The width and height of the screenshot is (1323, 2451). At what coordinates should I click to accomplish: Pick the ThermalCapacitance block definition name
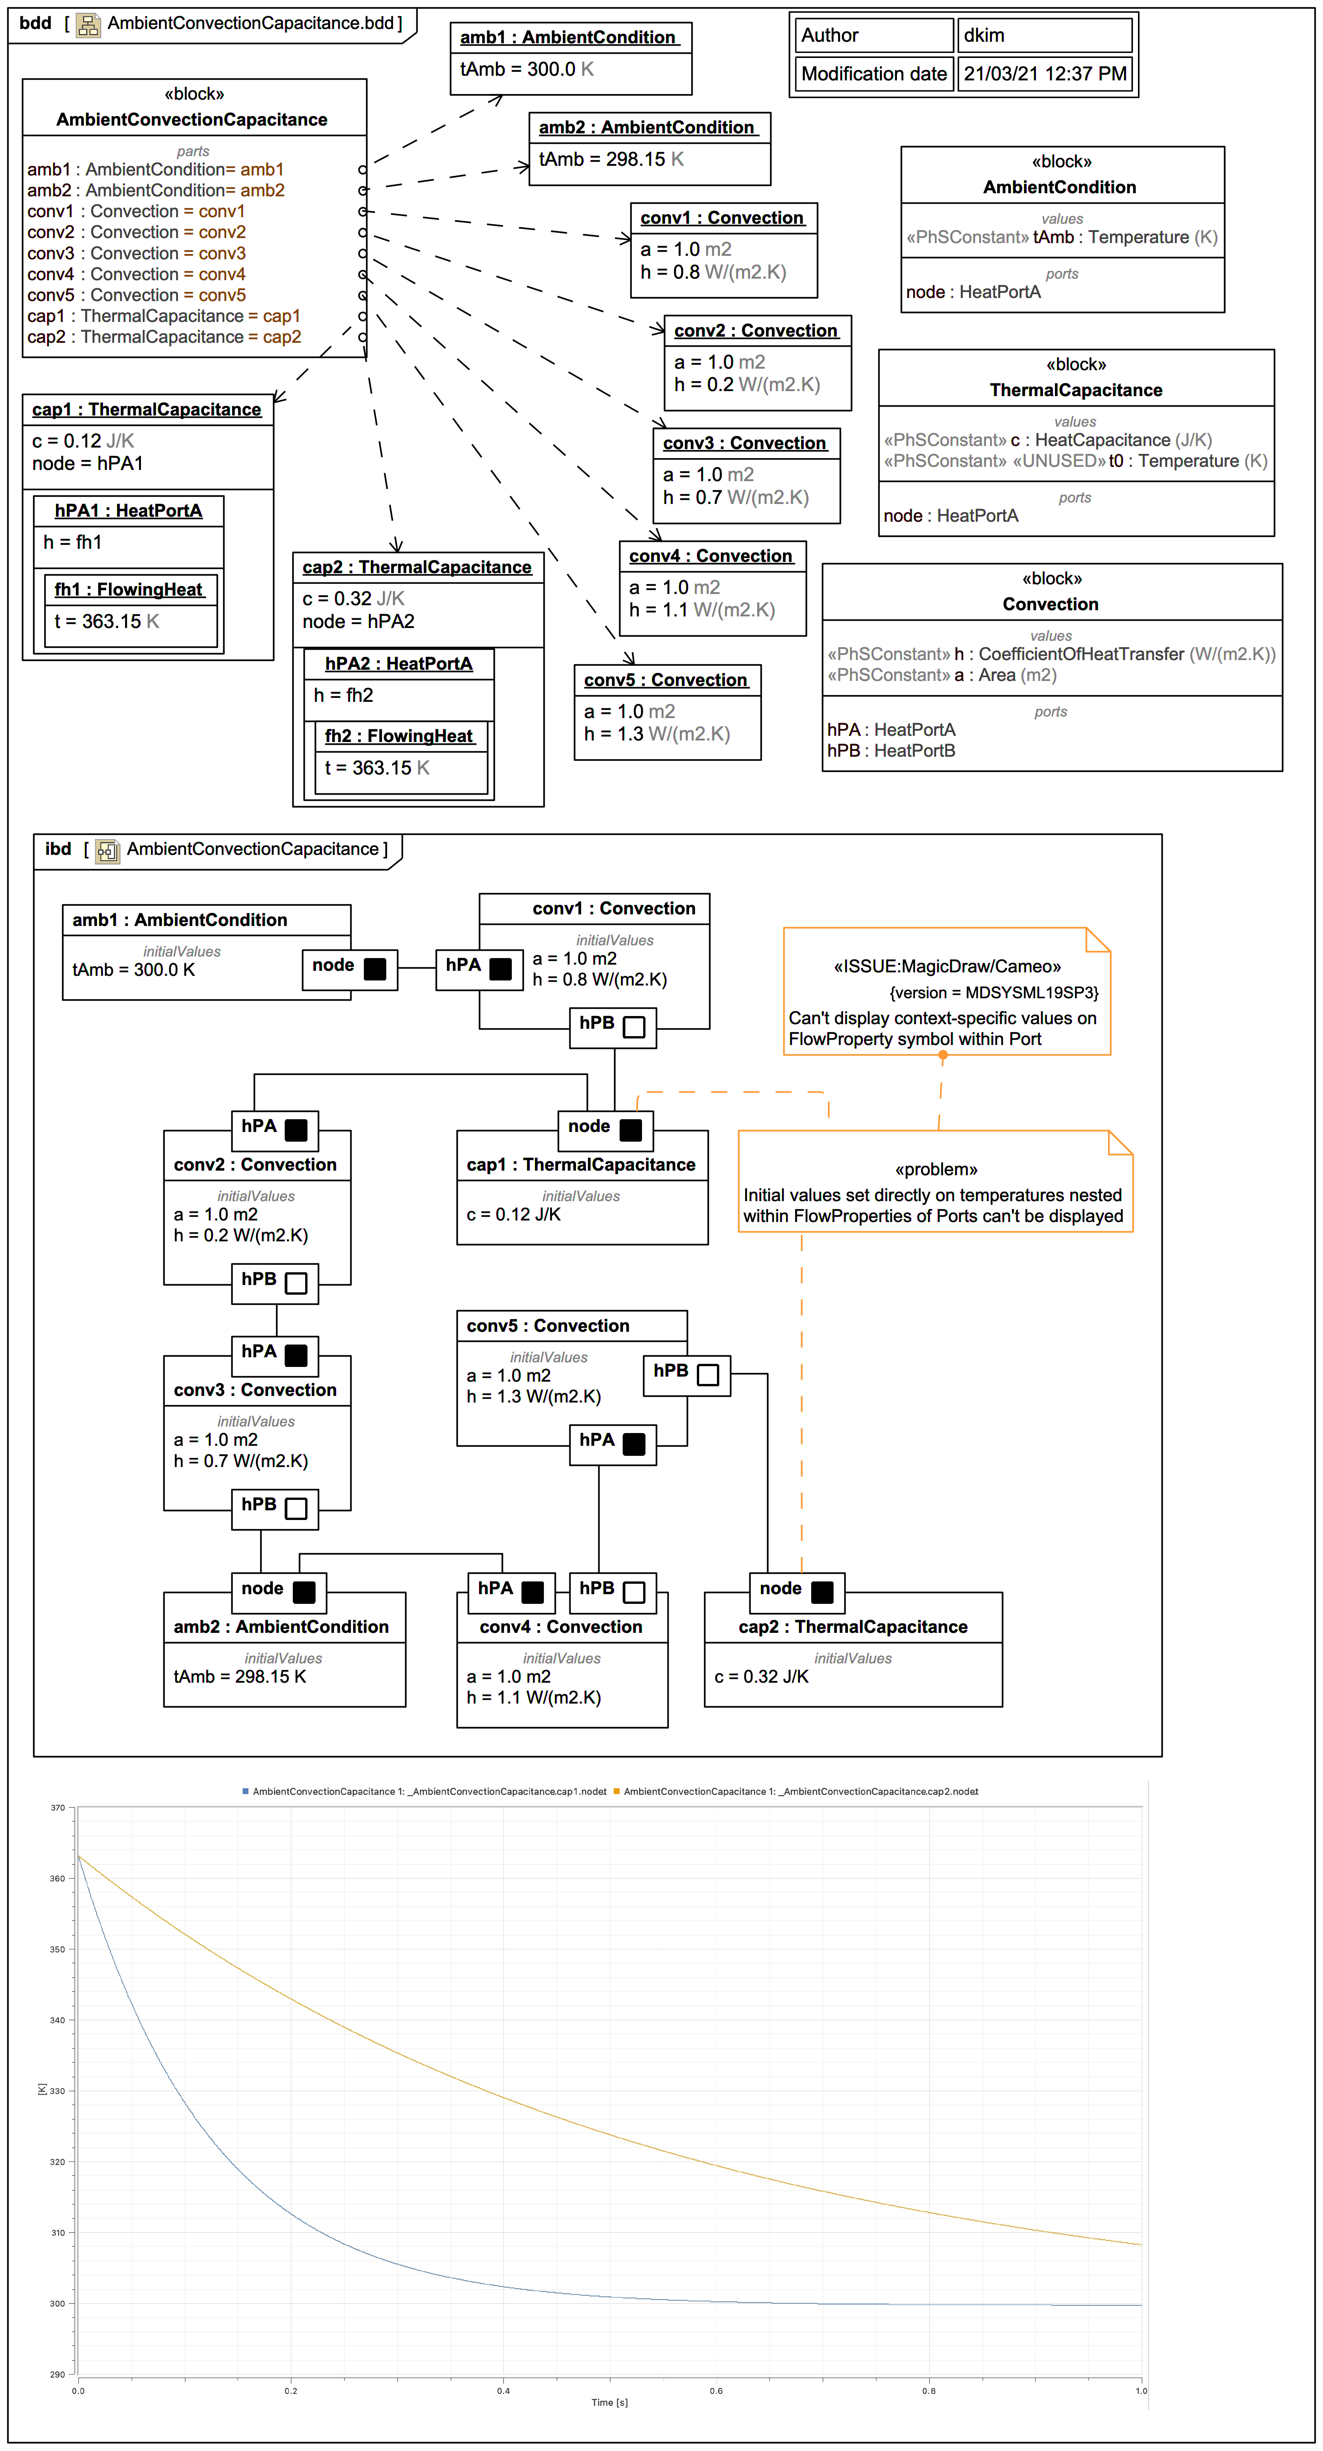pyautogui.click(x=1076, y=390)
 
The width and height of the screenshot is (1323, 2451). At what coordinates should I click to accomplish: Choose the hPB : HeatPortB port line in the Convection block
pyautogui.click(x=891, y=751)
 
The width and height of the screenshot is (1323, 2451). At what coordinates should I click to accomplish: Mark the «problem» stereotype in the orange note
pyautogui.click(x=936, y=1169)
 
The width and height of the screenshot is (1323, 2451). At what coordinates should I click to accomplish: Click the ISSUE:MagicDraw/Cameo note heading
pyautogui.click(x=947, y=967)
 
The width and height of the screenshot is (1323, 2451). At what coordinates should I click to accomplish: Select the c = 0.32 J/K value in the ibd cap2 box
pyautogui.click(x=761, y=1677)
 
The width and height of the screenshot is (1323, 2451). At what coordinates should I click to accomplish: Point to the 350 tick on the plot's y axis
pyautogui.click(x=58, y=1949)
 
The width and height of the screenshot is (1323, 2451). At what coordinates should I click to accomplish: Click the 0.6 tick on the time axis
pyautogui.click(x=716, y=2390)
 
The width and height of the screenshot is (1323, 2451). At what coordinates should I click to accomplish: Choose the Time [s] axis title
pyautogui.click(x=610, y=2402)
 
